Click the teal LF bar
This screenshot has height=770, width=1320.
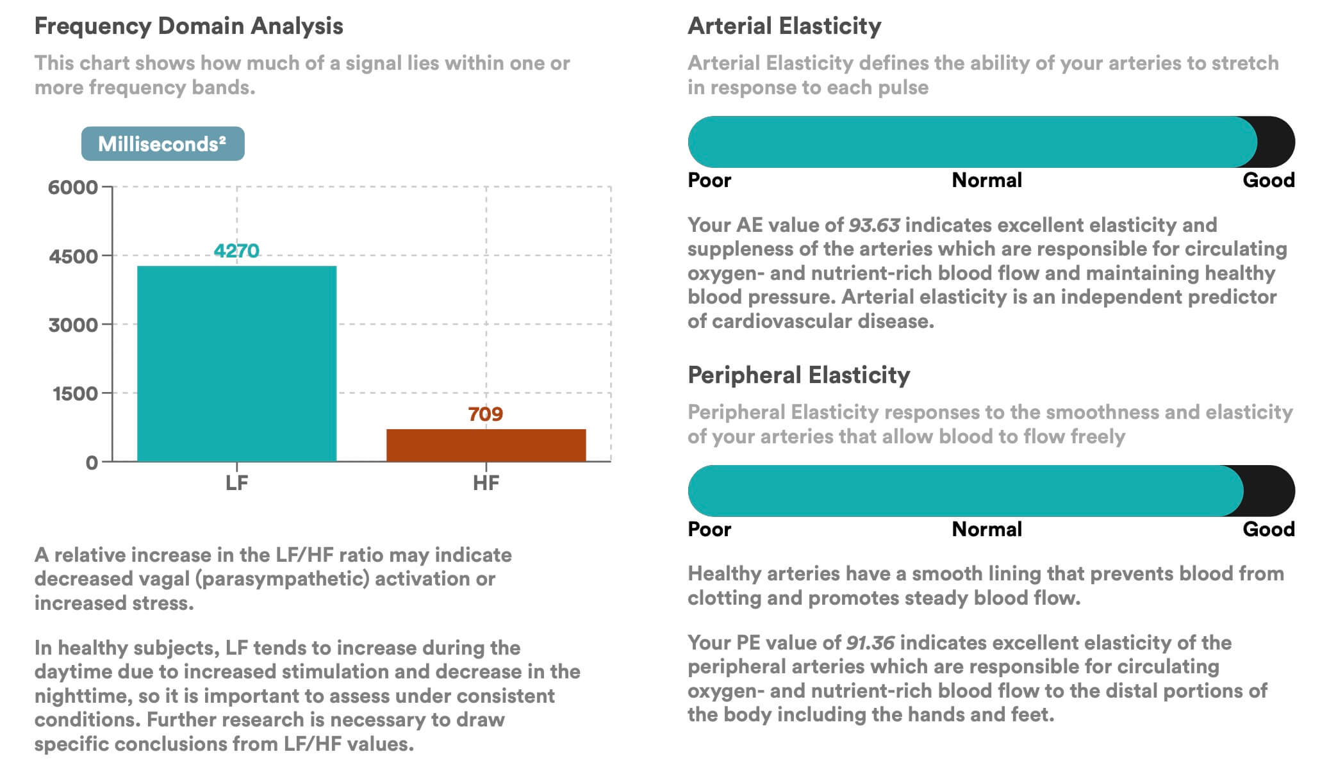click(236, 363)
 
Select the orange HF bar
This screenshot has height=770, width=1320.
click(486, 445)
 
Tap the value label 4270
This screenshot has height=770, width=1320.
click(236, 250)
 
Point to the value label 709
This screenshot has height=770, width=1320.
click(486, 414)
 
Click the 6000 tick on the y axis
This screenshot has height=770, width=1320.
click(72, 188)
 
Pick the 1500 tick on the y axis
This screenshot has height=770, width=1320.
click(75, 393)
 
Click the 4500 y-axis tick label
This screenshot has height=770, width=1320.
click(73, 256)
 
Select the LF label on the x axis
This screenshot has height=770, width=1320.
click(236, 483)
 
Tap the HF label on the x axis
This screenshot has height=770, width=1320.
click(486, 483)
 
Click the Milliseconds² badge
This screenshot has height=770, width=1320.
click(163, 143)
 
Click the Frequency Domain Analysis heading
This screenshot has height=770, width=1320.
click(188, 26)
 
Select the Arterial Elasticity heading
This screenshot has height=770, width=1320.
click(784, 26)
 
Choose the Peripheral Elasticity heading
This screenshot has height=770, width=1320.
click(798, 375)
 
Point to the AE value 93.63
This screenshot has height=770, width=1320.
click(874, 225)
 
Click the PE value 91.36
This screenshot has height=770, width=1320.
click(870, 643)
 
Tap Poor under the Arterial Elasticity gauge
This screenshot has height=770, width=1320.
click(709, 180)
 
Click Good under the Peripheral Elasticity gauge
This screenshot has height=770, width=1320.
click(1268, 529)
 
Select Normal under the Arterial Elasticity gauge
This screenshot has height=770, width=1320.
click(986, 180)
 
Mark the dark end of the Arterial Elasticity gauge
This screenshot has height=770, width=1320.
click(1276, 142)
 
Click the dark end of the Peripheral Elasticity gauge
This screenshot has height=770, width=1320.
click(1270, 491)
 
